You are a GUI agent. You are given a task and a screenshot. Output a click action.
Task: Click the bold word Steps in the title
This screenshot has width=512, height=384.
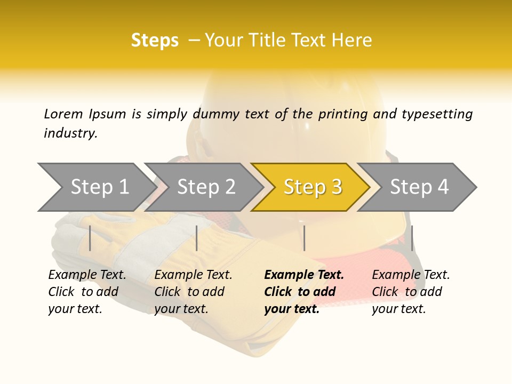155,41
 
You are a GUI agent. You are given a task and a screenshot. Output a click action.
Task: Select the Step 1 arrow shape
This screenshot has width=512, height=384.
96,187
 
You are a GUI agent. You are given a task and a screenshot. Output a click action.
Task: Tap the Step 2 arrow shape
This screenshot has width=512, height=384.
206,187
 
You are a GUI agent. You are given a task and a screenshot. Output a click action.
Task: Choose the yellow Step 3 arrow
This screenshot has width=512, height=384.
313,187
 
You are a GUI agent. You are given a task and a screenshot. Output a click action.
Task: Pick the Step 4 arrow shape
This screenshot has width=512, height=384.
419,187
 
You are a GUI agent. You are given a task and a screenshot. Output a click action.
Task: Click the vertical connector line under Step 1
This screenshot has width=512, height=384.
90,238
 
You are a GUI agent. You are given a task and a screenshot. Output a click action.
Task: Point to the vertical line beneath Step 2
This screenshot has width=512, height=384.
197,238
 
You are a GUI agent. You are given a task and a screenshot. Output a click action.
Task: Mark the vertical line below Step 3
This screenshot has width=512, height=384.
304,238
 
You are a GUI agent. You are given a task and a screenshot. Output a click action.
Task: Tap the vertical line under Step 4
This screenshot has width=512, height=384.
412,238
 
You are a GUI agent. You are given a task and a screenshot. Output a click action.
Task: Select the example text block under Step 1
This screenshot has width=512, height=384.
87,292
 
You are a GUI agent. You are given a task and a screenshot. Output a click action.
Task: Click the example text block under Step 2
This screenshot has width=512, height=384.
193,292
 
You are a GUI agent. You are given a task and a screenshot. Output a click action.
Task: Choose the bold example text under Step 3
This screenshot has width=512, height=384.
304,292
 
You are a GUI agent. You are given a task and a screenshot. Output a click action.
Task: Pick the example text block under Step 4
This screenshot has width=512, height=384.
411,292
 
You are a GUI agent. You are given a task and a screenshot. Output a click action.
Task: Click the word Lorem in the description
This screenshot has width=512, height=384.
63,114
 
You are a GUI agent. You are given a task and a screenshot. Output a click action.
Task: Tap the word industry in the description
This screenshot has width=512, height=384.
70,133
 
